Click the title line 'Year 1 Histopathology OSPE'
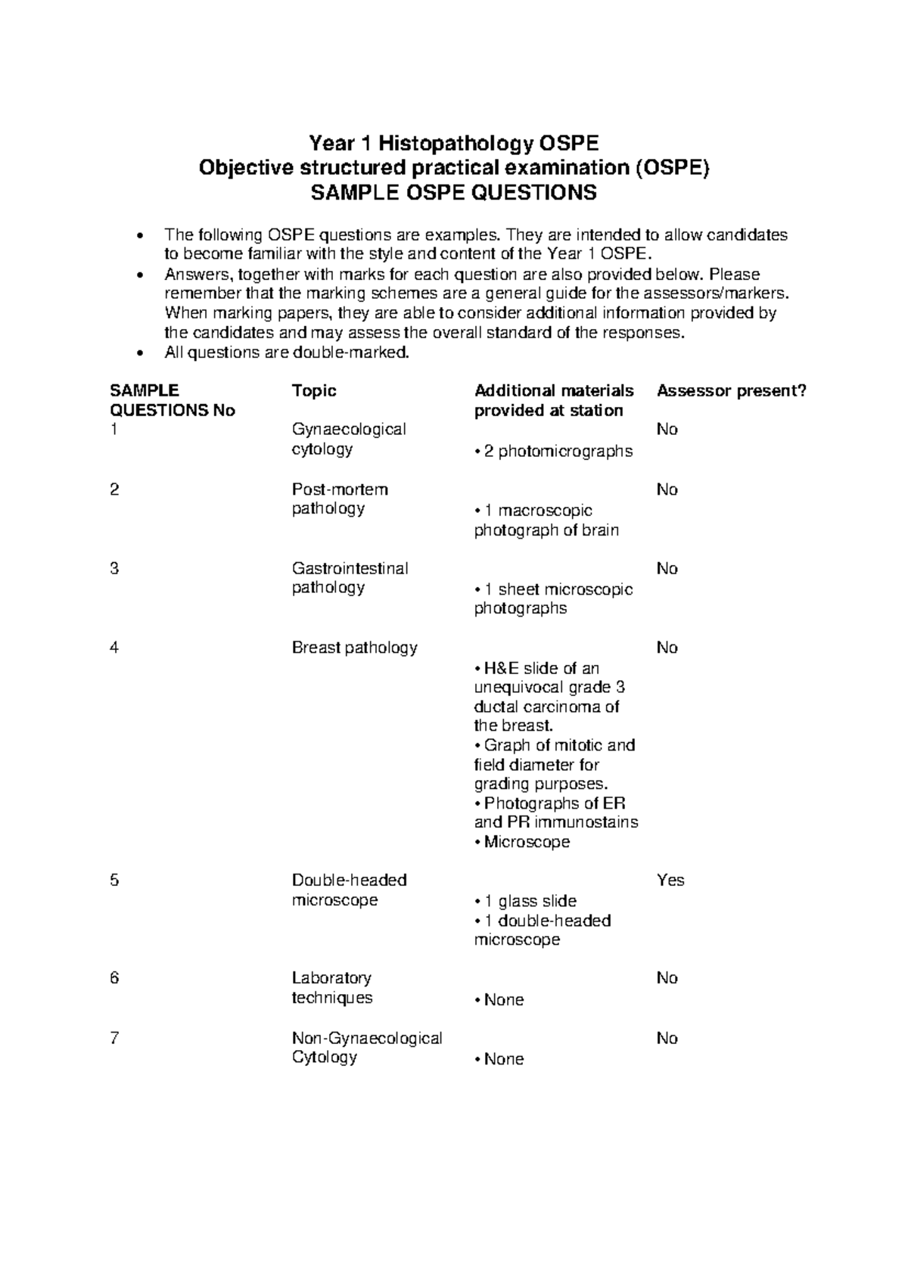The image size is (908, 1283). pos(453,143)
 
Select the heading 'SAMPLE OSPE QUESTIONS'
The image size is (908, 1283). pos(453,193)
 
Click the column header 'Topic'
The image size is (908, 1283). pos(314,391)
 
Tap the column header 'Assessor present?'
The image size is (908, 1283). pos(732,391)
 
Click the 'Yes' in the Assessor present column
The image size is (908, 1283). pos(670,881)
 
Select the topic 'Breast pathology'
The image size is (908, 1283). pos(354,648)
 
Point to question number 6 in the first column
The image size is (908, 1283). pos(114,978)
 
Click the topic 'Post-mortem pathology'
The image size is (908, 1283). pos(340,499)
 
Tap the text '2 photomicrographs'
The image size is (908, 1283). pos(557,452)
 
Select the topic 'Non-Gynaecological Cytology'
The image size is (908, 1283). pos(366,1048)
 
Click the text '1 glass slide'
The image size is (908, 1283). pos(529,902)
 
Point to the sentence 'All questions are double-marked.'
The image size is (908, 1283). pos(286,353)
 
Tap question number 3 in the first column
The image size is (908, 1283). pos(114,569)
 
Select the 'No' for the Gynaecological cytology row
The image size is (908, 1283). pos(667,430)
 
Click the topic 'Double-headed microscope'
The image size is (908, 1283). pos(349,890)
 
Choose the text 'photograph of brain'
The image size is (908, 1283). pos(546,530)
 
